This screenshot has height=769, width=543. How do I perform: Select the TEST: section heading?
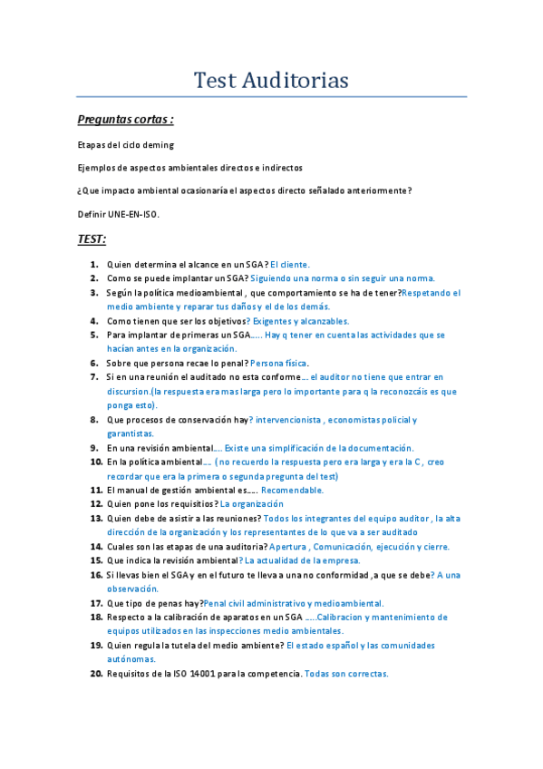[x=92, y=239]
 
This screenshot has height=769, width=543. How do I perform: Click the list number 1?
[x=94, y=264]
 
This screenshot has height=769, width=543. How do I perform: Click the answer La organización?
[x=251, y=504]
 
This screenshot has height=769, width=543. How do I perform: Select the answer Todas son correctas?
[x=346, y=674]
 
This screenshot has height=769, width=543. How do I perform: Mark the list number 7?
[x=94, y=376]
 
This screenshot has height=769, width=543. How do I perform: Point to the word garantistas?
[x=131, y=433]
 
